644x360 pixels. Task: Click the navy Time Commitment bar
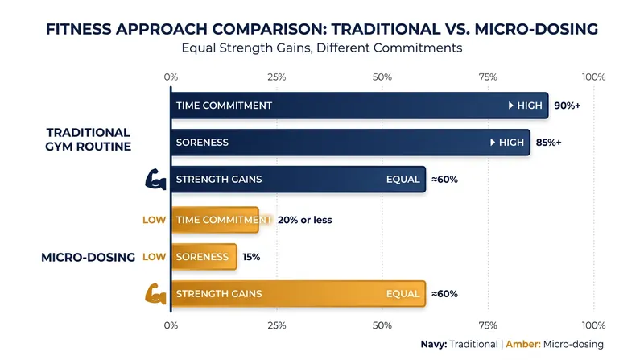[359, 106]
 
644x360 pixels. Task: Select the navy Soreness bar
[350, 143]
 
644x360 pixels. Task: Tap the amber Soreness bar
[204, 257]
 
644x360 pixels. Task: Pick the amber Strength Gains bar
[298, 294]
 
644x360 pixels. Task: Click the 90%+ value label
[568, 106]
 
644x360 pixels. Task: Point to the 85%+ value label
[549, 143]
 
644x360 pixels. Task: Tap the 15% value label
[251, 257]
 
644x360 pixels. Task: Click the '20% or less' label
[305, 220]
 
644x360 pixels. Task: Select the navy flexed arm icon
[155, 179]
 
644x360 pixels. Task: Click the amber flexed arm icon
[155, 294]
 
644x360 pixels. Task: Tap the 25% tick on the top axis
[276, 77]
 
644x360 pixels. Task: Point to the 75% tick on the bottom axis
[488, 325]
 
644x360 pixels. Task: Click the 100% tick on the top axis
[593, 77]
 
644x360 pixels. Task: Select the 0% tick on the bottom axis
[171, 325]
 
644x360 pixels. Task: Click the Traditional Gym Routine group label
[89, 139]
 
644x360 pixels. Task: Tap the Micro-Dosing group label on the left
[89, 257]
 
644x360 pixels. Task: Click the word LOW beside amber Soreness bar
[155, 257]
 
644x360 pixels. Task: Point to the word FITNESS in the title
[78, 29]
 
